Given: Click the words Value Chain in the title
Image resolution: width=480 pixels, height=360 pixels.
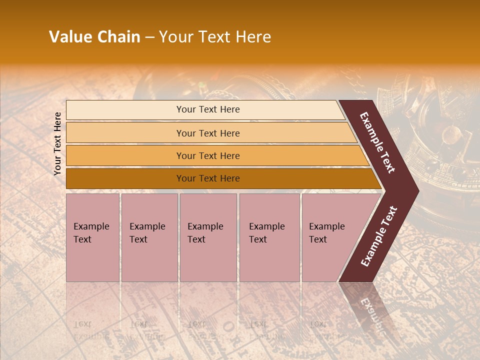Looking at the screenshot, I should (94, 37).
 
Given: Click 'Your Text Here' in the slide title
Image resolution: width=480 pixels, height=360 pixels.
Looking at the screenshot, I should (215, 37).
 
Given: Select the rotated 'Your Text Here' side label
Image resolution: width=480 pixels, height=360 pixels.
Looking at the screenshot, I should (57, 143).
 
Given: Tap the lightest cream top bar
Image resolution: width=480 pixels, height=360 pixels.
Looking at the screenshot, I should (125, 110).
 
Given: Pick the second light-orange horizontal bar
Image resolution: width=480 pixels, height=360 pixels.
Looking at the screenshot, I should (125, 133).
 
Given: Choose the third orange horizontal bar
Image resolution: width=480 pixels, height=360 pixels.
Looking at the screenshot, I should (125, 155).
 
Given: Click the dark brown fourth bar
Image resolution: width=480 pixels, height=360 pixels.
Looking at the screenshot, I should (125, 178).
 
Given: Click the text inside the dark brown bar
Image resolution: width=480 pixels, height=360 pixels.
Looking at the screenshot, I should (208, 178).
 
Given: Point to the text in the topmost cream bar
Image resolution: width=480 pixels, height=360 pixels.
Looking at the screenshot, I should (208, 109).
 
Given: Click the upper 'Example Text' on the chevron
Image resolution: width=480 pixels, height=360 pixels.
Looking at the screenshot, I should (377, 142).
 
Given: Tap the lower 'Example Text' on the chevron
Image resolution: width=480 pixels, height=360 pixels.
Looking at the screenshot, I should (378, 236).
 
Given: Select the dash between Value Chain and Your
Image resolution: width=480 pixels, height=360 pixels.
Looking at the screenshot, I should (149, 37).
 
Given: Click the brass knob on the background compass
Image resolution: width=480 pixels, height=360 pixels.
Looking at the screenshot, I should (451, 134).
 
